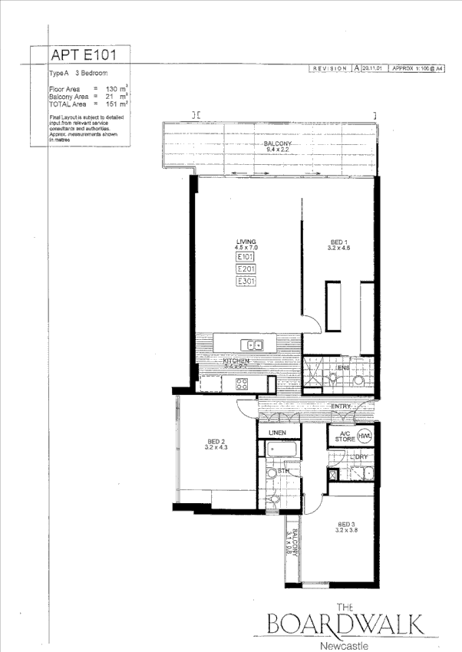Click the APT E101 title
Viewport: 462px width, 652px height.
tap(84, 56)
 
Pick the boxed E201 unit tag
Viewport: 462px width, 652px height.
tap(246, 269)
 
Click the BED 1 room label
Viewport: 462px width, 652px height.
tap(338, 245)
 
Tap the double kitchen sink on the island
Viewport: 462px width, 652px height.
tap(252, 345)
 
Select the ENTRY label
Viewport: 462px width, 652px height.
tap(341, 406)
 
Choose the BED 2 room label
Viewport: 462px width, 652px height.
tap(216, 444)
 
